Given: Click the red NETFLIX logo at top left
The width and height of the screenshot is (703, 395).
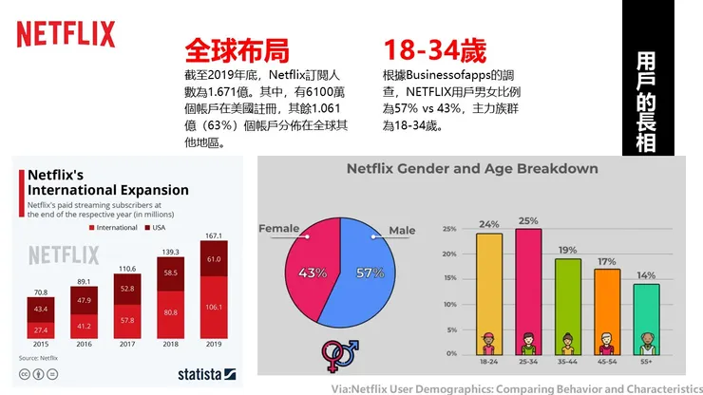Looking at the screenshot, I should pos(66,35).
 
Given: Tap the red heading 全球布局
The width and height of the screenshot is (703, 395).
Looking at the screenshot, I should pos(236,51).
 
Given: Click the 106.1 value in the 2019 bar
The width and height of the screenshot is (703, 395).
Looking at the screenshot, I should pos(213,307).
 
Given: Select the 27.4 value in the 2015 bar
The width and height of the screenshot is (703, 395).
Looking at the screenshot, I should pos(41,329).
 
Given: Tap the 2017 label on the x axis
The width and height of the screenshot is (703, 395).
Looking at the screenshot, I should pos(127,345).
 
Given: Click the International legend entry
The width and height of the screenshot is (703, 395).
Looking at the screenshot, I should pos(113,229).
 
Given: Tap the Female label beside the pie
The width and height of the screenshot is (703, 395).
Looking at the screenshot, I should pos(278,229).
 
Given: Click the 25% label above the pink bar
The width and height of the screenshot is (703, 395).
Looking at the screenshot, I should pos(528,222).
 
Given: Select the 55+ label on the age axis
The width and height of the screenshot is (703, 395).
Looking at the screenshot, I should pos(646,363).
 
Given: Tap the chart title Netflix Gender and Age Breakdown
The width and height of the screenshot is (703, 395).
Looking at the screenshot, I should pos(471,169).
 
